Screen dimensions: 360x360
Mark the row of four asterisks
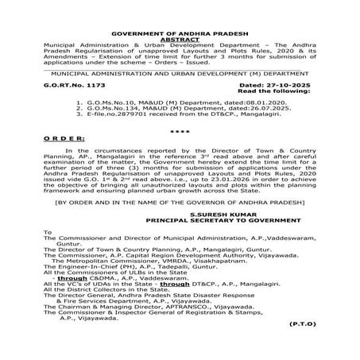[x=180, y=130]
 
